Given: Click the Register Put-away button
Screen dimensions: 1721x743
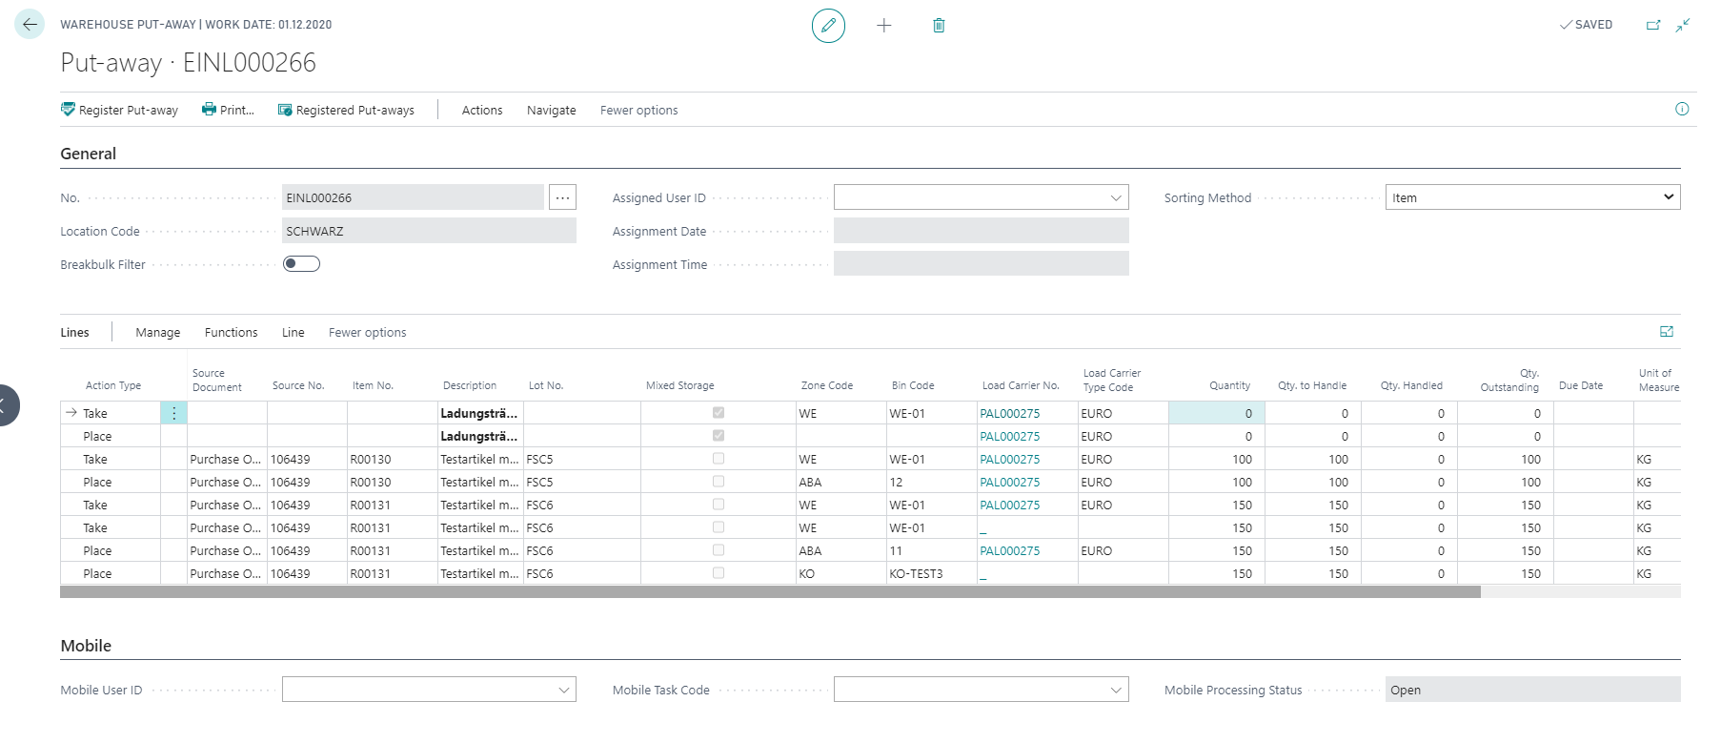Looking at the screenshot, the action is tap(119, 110).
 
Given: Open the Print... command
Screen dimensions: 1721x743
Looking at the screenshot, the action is tap(228, 110).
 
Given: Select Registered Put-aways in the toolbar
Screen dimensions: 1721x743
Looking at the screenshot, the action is tap(346, 110).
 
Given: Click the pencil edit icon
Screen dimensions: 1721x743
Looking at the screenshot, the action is tap(828, 26).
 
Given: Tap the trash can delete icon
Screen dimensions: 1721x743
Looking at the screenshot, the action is tap(939, 26).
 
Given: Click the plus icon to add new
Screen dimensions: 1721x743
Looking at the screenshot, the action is tap(884, 26).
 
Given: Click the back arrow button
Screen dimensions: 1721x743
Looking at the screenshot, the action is tap(30, 25).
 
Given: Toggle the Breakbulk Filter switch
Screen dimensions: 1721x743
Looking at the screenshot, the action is tap(301, 264).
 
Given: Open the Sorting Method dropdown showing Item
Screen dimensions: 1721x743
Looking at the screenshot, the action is tap(1532, 197).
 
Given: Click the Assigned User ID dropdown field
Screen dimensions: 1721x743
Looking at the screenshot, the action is tap(981, 197).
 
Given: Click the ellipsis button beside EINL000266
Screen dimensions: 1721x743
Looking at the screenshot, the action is tap(563, 197).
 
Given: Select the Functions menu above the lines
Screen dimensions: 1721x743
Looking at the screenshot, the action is tap(231, 333).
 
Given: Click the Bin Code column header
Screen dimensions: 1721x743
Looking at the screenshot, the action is tap(913, 385).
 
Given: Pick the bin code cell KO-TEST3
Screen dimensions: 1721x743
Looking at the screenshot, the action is tap(916, 574).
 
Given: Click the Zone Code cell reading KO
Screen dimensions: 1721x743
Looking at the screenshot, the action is tap(807, 574).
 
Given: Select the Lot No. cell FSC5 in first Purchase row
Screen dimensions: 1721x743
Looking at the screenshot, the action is tap(539, 460).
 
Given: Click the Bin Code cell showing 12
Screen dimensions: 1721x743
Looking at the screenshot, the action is tap(896, 483).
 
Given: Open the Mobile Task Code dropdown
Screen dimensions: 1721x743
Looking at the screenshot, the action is tap(981, 690).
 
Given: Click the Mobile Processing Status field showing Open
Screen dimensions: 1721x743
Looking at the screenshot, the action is tap(1532, 690).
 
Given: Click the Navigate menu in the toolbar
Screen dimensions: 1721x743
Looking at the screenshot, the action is tap(551, 110).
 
